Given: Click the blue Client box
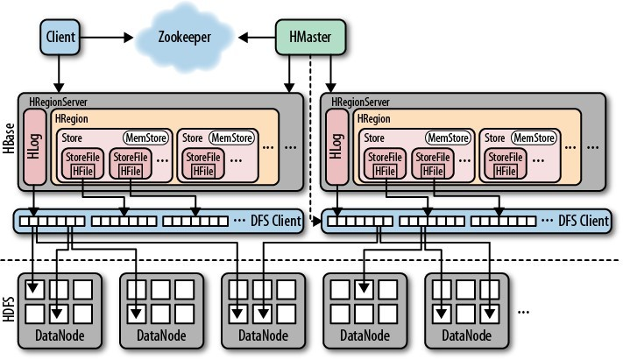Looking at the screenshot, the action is tap(60, 37).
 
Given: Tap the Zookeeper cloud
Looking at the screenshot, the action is tap(185, 38).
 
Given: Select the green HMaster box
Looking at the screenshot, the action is tap(310, 37).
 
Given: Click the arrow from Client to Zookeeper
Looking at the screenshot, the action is tap(107, 38).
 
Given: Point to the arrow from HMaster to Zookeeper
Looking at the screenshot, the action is tap(257, 38).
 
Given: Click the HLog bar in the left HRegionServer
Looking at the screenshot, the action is tap(34, 146).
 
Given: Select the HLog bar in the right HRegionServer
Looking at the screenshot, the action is tap(337, 146).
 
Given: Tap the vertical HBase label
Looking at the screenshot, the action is tap(9, 138).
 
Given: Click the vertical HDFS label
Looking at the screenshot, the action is tap(9, 308).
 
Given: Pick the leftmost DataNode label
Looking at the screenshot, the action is tap(60, 335).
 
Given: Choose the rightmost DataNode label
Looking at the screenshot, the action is tap(466, 335).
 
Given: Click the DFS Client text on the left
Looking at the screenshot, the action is tap(276, 221).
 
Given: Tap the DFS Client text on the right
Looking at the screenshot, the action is tap(584, 221).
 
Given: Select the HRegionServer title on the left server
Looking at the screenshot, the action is tap(58, 102).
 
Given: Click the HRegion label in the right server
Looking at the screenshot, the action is tap(374, 118).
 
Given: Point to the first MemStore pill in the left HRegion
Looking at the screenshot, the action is tap(145, 138).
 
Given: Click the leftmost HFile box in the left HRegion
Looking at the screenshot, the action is tap(82, 172).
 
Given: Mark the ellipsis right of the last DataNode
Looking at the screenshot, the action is tap(523, 313).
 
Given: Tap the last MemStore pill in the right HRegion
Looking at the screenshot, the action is tap(534, 138).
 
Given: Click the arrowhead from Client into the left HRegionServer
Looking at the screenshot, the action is tap(59, 88).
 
